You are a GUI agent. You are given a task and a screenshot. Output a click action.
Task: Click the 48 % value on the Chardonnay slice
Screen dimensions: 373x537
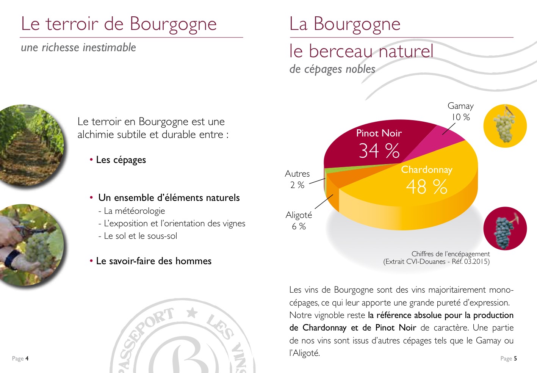[426, 187]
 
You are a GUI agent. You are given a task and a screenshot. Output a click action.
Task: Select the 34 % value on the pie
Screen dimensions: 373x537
[379, 150]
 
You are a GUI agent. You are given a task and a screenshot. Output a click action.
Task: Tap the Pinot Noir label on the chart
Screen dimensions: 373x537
[379, 133]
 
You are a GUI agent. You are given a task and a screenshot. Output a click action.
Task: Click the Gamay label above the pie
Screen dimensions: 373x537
[460, 106]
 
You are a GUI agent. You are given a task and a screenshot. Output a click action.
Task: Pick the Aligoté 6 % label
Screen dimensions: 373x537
[299, 221]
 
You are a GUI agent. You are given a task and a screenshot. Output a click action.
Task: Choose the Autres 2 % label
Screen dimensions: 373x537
[297, 179]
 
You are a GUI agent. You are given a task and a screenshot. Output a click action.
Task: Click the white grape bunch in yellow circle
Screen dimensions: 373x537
[505, 125]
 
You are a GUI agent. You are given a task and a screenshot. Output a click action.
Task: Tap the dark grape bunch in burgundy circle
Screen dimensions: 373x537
[505, 229]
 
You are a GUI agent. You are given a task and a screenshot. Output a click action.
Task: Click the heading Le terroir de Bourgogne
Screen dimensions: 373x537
[119, 24]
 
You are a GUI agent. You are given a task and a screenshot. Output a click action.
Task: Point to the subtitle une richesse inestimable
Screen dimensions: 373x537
[78, 47]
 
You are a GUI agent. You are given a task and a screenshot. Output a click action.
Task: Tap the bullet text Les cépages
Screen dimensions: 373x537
[121, 160]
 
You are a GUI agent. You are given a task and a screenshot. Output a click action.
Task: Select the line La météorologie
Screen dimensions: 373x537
[134, 211]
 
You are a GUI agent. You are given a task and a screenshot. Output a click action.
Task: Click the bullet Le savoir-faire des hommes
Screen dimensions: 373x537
[153, 261]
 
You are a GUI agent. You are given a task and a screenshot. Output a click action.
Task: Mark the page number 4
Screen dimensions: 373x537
[27, 359]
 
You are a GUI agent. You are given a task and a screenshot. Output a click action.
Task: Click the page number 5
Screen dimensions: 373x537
[515, 359]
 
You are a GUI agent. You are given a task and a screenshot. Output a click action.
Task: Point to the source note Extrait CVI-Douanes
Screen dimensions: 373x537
[436, 262]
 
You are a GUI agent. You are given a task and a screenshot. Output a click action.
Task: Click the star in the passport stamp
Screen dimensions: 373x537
[193, 313]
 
